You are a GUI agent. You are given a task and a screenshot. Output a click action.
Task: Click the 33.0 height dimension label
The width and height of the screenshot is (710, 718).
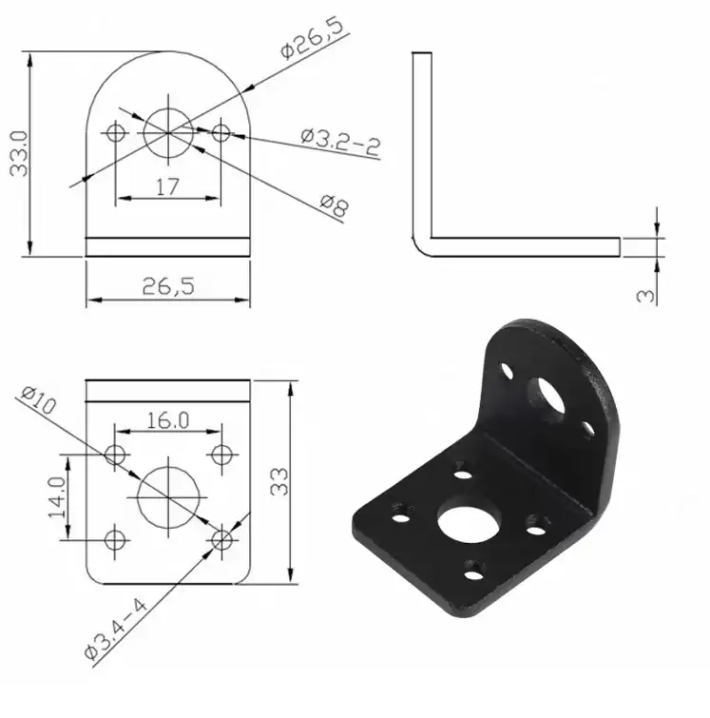point(18,152)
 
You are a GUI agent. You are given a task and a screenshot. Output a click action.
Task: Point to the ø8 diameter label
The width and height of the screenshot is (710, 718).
point(333,205)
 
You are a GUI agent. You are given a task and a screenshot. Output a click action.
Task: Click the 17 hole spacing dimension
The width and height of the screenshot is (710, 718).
point(167,187)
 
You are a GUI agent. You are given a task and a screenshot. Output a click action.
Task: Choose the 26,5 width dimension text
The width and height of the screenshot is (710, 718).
point(167,285)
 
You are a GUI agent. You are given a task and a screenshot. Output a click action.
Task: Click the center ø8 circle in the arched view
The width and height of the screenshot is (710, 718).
point(168,132)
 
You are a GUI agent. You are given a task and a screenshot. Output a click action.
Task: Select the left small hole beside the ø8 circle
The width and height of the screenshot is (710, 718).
point(117,132)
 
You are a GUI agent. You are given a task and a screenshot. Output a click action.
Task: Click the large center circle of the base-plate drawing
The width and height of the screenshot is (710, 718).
point(168,495)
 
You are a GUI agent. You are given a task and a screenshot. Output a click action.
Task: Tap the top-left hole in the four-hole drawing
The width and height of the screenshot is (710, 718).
point(116,453)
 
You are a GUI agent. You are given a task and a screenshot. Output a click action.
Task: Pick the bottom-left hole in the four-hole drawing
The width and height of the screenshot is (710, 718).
point(116,539)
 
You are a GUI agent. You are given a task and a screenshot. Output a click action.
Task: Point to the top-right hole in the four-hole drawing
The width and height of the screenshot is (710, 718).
point(221,453)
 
